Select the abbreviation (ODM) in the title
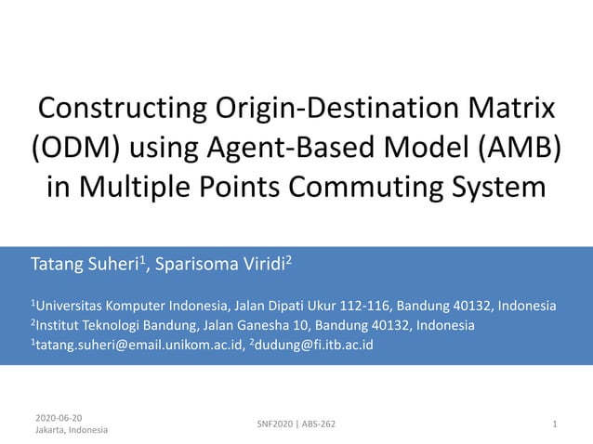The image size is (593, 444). (77, 147)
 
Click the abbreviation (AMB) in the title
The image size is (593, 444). (516, 147)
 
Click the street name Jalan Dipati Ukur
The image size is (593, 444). (291, 306)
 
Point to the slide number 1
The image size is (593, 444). (554, 424)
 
